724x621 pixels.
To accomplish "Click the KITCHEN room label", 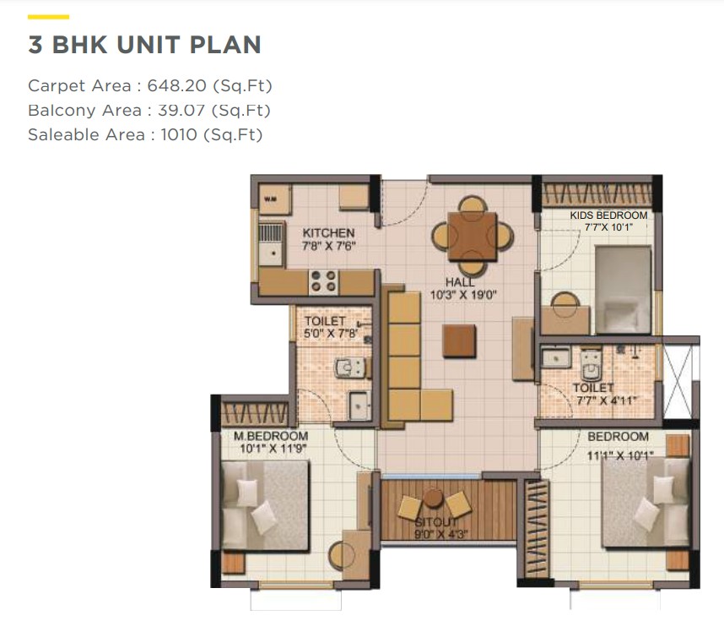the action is pyautogui.click(x=328, y=233).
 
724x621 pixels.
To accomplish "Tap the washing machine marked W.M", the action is pyautogui.click(x=275, y=199).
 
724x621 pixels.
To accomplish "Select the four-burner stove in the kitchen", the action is pyautogui.click(x=323, y=281).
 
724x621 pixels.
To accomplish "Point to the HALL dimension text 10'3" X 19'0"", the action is pyautogui.click(x=463, y=295).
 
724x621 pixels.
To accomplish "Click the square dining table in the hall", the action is pyautogui.click(x=472, y=236).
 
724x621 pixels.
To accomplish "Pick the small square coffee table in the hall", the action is pyautogui.click(x=459, y=340).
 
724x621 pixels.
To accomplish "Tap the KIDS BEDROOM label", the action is pyautogui.click(x=608, y=215).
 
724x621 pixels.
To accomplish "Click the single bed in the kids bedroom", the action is pyautogui.click(x=623, y=290).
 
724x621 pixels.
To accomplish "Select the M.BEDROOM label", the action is pyautogui.click(x=271, y=436).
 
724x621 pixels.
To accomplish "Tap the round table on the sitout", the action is pyautogui.click(x=433, y=498).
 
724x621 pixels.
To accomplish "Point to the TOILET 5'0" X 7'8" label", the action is pyautogui.click(x=331, y=327).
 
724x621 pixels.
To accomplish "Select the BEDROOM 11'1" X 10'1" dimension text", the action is pyautogui.click(x=620, y=456).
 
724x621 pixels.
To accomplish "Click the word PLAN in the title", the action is pyautogui.click(x=225, y=45).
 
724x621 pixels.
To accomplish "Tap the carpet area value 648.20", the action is pyautogui.click(x=177, y=85).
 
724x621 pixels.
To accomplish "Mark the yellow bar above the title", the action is pyautogui.click(x=48, y=17).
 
